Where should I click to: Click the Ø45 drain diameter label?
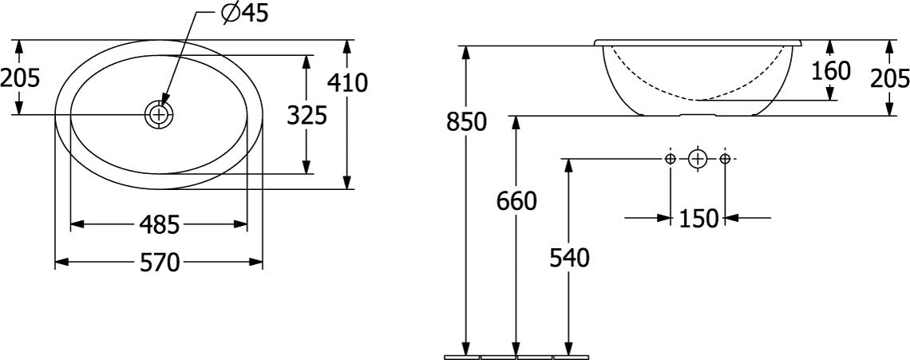tap(245, 13)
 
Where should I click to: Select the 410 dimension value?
tap(347, 83)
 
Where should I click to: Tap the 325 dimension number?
tap(307, 116)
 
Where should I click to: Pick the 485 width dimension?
tap(160, 224)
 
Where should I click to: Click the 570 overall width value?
tap(160, 263)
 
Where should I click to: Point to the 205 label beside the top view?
tap(20, 77)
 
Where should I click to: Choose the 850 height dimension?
tap(466, 122)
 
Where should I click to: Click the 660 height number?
tap(516, 201)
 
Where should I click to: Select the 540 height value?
tap(569, 259)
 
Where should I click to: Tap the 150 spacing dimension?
tap(698, 219)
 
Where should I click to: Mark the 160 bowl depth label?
tap(830, 71)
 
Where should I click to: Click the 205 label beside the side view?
tap(890, 77)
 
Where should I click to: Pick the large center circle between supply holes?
tap(698, 159)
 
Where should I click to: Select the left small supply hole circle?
tap(671, 159)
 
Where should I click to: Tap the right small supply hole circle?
tap(725, 159)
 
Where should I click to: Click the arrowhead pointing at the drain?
tap(164, 97)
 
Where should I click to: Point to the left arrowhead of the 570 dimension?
tap(62, 263)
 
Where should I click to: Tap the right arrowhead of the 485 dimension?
tap(239, 224)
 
